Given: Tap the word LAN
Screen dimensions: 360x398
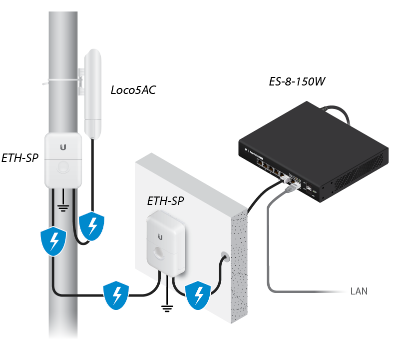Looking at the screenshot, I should [x=359, y=291].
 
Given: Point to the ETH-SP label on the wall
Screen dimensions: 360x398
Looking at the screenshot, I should [x=165, y=201].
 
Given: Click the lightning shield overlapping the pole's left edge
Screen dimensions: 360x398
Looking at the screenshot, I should [x=53, y=242].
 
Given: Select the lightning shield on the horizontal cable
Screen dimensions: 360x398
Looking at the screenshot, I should [x=116, y=296].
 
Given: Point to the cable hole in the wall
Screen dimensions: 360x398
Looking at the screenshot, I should [x=224, y=258].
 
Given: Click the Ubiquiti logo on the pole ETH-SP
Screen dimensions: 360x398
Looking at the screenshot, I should [x=63, y=147].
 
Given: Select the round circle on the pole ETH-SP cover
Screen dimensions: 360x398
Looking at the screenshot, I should [x=63, y=166].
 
